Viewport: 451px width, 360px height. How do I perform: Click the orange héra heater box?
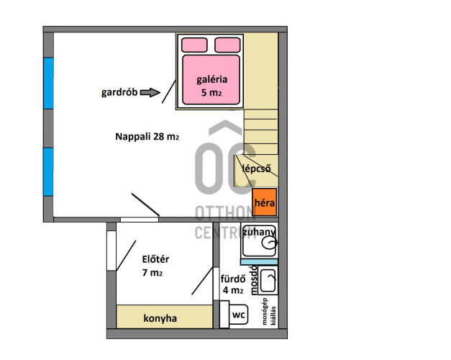[x=264, y=202]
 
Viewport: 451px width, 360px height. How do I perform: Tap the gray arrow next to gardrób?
[x=150, y=92]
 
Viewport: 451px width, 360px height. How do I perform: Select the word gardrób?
[x=119, y=92]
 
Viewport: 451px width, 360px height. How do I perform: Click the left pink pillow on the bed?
[x=194, y=45]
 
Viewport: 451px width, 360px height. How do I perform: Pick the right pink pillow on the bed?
[x=227, y=45]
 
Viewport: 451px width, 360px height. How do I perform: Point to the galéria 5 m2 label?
[x=211, y=86]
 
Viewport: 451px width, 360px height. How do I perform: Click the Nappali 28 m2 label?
[x=147, y=136]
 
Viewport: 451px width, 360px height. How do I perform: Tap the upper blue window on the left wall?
[x=49, y=84]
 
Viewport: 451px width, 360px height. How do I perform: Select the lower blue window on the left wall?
[x=49, y=172]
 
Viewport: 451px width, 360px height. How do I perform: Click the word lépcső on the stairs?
[x=256, y=168]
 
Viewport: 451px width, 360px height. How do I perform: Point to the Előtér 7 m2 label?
[x=155, y=266]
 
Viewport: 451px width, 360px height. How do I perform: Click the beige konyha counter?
[x=165, y=317]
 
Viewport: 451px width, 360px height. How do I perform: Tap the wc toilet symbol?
[x=234, y=314]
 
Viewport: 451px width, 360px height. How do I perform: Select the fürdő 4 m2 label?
[x=233, y=284]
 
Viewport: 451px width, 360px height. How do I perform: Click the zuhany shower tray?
[x=259, y=240]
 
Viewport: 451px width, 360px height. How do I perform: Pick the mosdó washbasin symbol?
[x=268, y=280]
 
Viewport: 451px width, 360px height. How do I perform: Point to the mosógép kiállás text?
[x=269, y=312]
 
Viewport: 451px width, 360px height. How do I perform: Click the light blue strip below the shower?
[x=259, y=262]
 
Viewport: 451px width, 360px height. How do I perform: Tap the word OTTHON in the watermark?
[x=224, y=213]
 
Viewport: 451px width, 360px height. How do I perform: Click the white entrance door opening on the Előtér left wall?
[x=111, y=251]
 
